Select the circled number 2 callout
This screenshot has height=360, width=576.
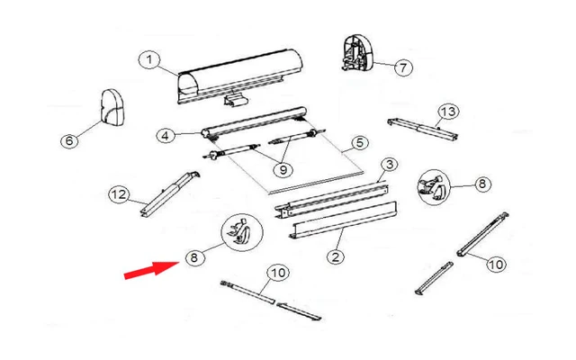click(x=335, y=256)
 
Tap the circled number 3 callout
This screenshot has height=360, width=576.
click(x=388, y=164)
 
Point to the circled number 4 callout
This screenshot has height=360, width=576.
click(x=164, y=136)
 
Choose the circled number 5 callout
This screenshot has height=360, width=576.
click(x=358, y=142)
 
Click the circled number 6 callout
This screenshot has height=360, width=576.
click(x=67, y=139)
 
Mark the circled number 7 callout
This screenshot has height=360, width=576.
click(x=402, y=67)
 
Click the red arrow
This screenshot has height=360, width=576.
click(x=150, y=267)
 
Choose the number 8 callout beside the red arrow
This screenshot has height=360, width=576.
click(x=193, y=257)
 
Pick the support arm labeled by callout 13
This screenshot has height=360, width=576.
click(x=421, y=126)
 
